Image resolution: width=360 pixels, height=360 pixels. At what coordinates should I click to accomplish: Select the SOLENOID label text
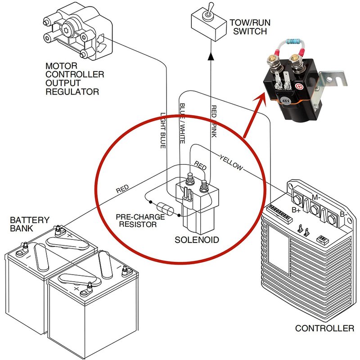[x=197, y=240]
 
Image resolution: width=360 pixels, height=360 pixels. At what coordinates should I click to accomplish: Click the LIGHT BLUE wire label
[x=163, y=130]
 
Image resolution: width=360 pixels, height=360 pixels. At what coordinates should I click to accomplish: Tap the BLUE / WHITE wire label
[x=182, y=123]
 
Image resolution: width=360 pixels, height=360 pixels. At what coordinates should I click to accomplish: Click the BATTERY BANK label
[x=30, y=224]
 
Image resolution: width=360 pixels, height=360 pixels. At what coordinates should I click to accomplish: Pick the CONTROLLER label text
[x=324, y=328]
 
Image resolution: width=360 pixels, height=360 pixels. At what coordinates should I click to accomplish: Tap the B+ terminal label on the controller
[x=297, y=209]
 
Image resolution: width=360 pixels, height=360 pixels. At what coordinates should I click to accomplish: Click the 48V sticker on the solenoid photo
[x=286, y=99]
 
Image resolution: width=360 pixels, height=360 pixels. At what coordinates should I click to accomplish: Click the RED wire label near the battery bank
[x=122, y=189]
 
